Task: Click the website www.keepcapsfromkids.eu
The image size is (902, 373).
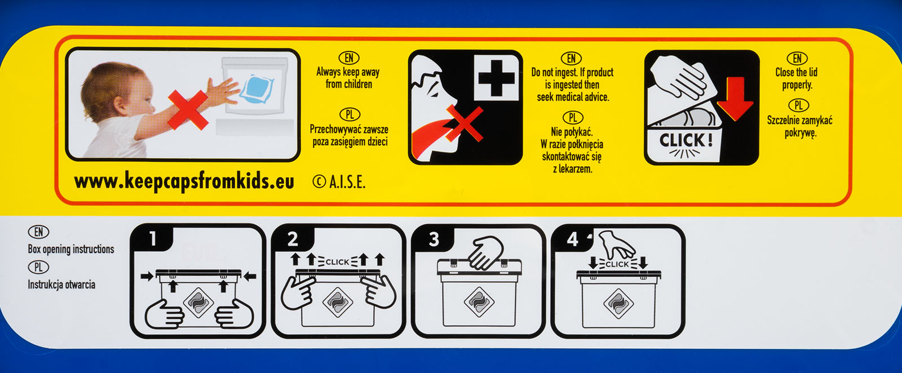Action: tap(184, 181)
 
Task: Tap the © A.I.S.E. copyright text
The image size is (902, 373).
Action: tap(339, 183)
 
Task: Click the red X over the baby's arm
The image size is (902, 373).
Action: tap(188, 110)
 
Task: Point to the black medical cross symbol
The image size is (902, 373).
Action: tap(497, 78)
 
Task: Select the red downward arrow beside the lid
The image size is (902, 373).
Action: tap(735, 99)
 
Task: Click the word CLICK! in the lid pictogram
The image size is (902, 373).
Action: tap(686, 140)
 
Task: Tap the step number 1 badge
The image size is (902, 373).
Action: tap(153, 238)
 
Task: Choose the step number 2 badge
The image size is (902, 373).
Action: tap(293, 239)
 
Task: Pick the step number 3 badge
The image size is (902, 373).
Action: tap(434, 239)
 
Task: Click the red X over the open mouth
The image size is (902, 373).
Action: tap(464, 123)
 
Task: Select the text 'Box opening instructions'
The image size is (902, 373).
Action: tap(71, 249)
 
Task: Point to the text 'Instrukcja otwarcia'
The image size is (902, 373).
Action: tap(61, 285)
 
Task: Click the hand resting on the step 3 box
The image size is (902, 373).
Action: tap(486, 252)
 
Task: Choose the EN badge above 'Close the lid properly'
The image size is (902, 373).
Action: tap(797, 59)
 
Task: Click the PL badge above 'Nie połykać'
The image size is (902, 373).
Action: tap(573, 118)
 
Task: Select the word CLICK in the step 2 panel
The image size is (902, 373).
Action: tap(337, 262)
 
